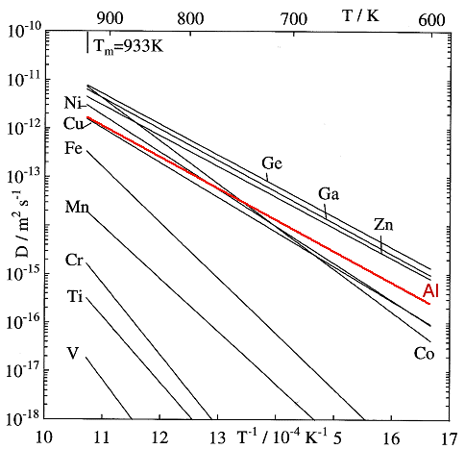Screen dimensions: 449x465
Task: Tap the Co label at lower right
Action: [x=425, y=353]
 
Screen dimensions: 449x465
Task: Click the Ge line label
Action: [x=272, y=163]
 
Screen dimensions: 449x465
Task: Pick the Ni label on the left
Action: [x=74, y=103]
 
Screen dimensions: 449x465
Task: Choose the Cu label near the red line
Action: [x=74, y=122]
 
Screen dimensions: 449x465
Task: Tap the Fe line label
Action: [x=74, y=148]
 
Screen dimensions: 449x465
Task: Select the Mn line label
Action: [x=77, y=207]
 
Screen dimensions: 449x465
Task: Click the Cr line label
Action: [x=75, y=260]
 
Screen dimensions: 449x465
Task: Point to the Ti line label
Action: [x=75, y=295]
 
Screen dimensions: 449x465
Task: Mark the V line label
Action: [x=73, y=353]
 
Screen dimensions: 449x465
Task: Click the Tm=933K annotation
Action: [x=126, y=43]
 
